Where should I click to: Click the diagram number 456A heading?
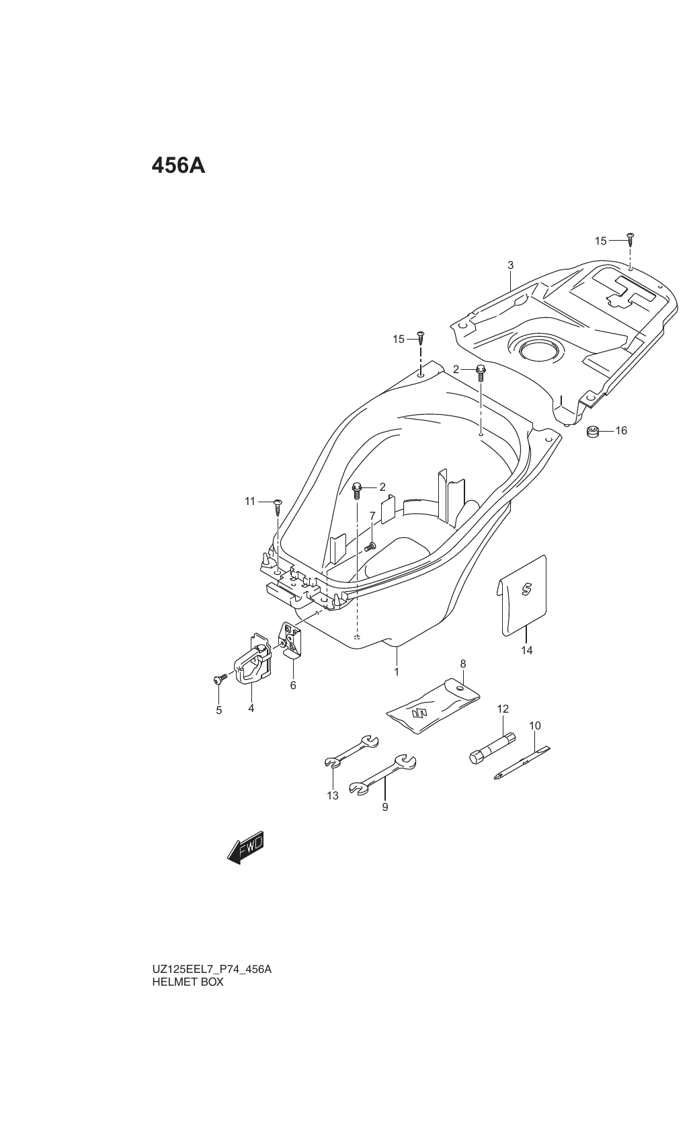tap(178, 165)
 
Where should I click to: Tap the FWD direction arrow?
tap(246, 848)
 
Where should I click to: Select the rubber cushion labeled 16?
tap(592, 431)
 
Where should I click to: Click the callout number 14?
tap(526, 650)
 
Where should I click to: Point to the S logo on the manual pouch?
tap(526, 590)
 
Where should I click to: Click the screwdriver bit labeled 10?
tap(522, 763)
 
